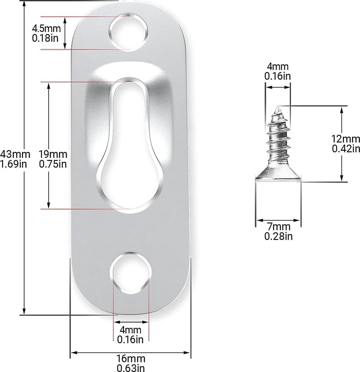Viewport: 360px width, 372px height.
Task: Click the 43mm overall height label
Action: point(15,154)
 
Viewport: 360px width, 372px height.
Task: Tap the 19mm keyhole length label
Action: point(53,154)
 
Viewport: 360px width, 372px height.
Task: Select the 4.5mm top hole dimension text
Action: point(46,29)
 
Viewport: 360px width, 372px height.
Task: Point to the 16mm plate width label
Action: point(131,359)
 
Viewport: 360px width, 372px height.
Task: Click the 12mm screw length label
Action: point(346,139)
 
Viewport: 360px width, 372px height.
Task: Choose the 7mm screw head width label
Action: point(279,227)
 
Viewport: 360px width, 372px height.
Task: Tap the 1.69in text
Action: point(13,164)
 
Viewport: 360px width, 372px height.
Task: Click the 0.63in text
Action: point(131,368)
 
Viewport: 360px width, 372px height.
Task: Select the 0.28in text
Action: point(279,236)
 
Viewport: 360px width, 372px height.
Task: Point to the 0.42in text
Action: point(346,148)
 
